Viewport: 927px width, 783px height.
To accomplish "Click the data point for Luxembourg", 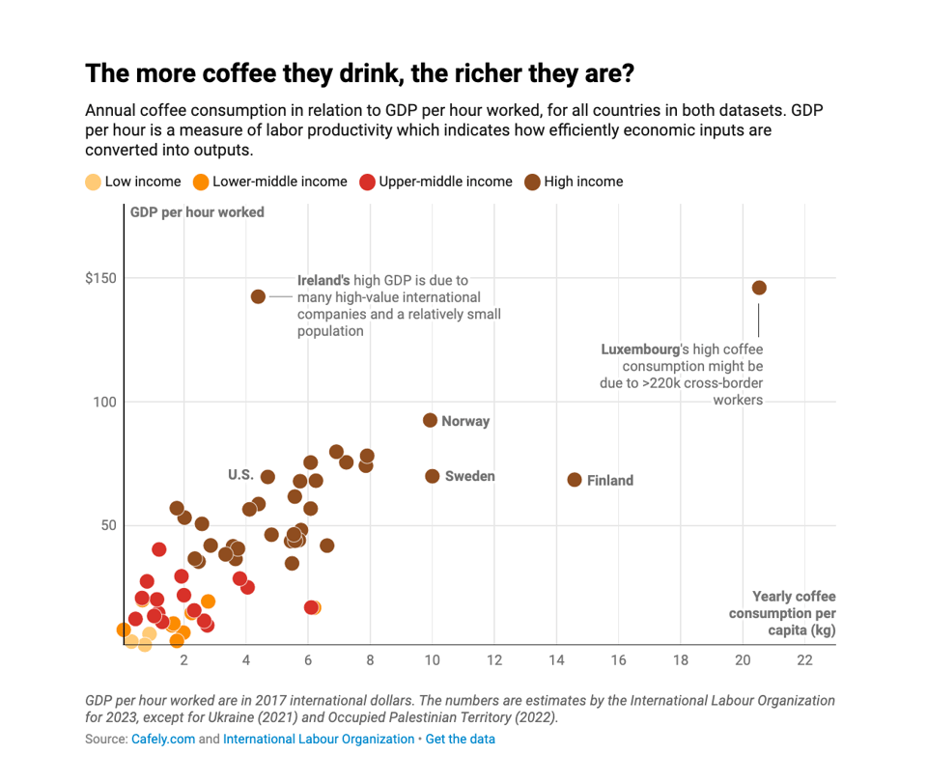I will pos(759,288).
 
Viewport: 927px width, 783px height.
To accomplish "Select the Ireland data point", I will pos(258,296).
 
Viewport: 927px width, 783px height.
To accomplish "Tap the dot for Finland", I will pos(575,480).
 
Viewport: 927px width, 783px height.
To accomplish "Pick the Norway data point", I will pos(431,420).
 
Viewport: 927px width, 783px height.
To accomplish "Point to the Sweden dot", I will pos(433,476).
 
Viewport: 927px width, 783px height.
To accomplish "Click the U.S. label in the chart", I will pos(240,474).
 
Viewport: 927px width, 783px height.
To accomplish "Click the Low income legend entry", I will pos(134,182).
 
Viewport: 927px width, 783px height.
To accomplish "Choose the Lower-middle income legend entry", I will pos(269,182).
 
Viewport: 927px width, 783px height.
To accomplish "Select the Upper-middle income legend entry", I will pos(435,182).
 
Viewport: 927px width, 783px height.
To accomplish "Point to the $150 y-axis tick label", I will pos(100,278).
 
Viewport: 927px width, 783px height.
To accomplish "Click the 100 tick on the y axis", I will pos(103,402).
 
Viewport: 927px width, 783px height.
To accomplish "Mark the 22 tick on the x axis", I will pos(804,661).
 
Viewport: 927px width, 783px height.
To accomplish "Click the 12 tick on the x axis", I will pos(494,661).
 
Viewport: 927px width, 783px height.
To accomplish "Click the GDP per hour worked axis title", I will pos(198,212).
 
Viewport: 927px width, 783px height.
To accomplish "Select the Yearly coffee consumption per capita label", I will pos(782,613).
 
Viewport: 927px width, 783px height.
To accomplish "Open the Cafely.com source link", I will pos(163,739).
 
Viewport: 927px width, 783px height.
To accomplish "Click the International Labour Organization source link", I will pos(319,739).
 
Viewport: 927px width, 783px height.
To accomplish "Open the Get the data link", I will pos(461,739).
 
